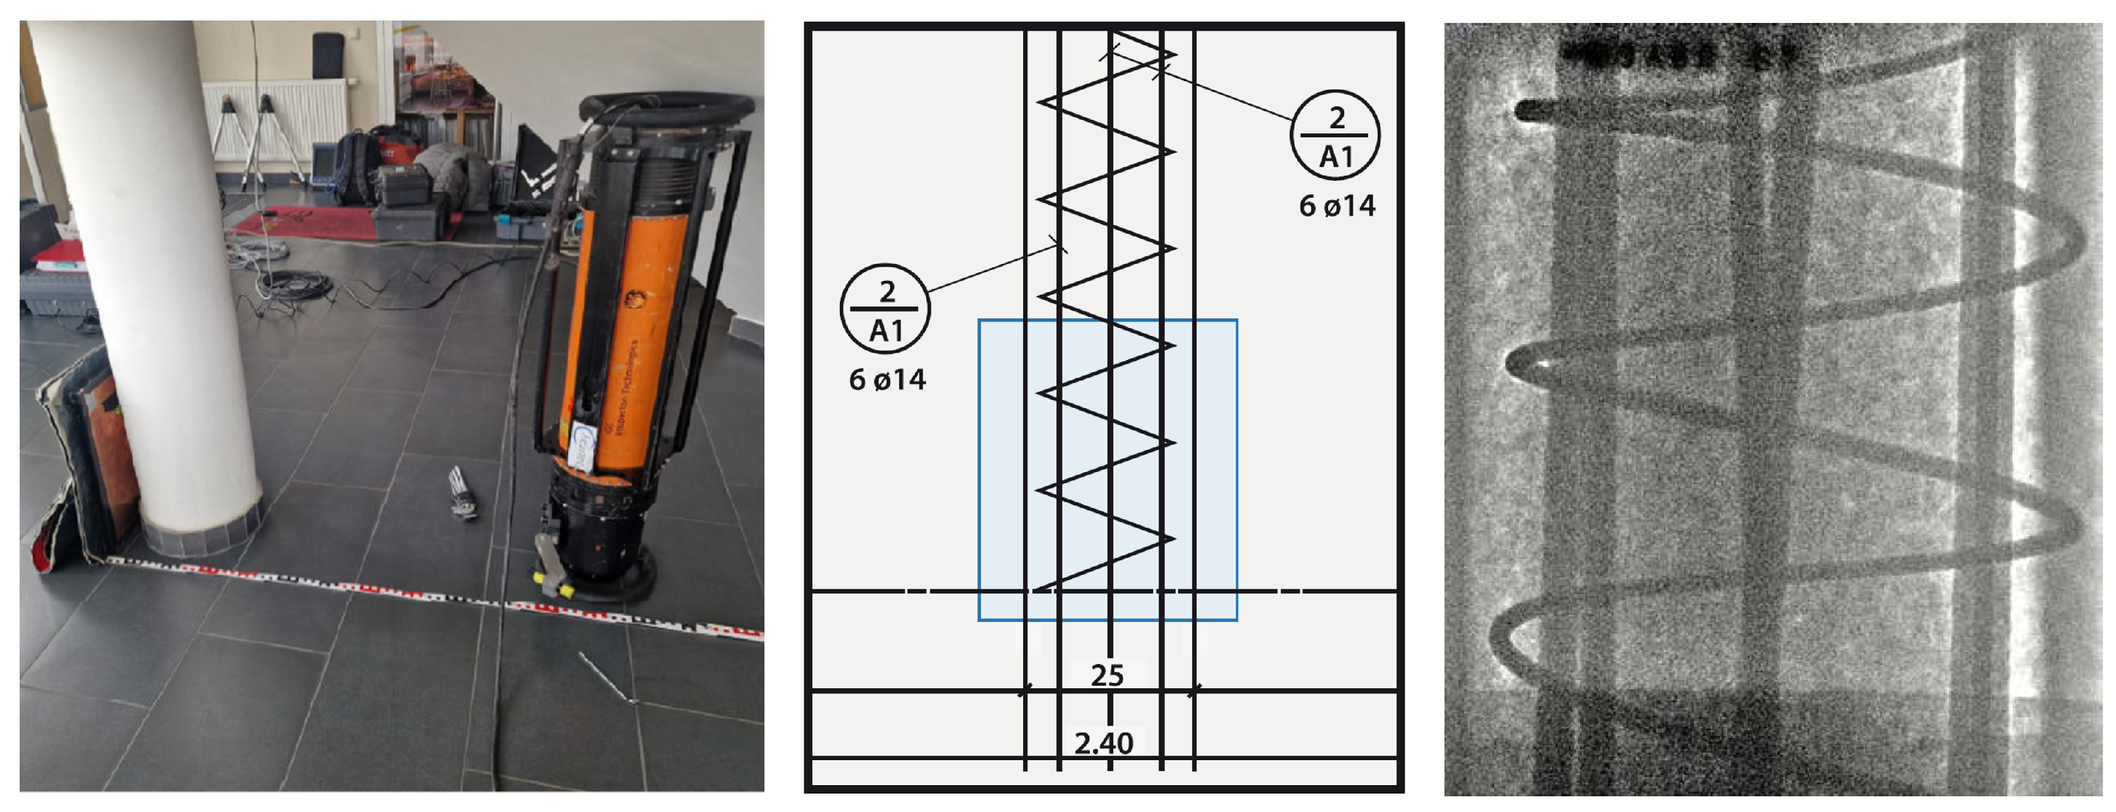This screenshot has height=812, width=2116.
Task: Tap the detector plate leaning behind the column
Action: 90,460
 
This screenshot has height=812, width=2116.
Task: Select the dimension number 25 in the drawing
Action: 1107,676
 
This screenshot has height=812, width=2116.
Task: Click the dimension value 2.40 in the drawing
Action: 1103,744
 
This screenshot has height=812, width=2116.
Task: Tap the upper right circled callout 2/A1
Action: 1335,136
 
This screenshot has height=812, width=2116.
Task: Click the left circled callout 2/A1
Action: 885,310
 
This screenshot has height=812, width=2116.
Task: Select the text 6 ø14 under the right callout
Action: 1336,206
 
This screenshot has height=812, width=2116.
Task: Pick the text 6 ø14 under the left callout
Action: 887,380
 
